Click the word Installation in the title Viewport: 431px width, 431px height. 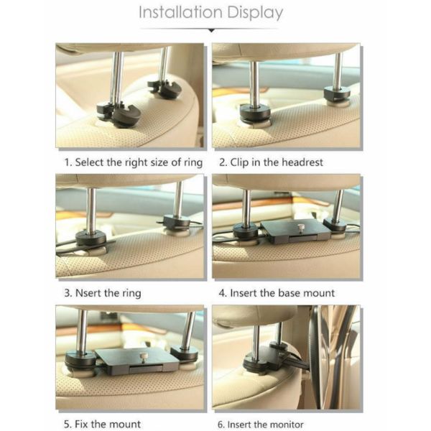(x=180, y=12)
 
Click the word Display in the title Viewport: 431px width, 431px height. (x=255, y=13)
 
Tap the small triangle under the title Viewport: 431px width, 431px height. (x=211, y=30)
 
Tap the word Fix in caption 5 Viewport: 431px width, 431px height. (x=82, y=424)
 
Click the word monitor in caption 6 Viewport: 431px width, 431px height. (x=287, y=424)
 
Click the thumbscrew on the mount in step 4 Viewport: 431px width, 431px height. (x=300, y=228)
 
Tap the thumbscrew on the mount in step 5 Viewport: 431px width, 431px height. (x=143, y=357)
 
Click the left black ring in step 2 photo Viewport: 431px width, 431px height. (x=255, y=113)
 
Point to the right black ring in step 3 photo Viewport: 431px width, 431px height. (x=177, y=223)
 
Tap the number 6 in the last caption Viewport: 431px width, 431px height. (x=220, y=424)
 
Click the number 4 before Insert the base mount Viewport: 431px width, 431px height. (x=221, y=293)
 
